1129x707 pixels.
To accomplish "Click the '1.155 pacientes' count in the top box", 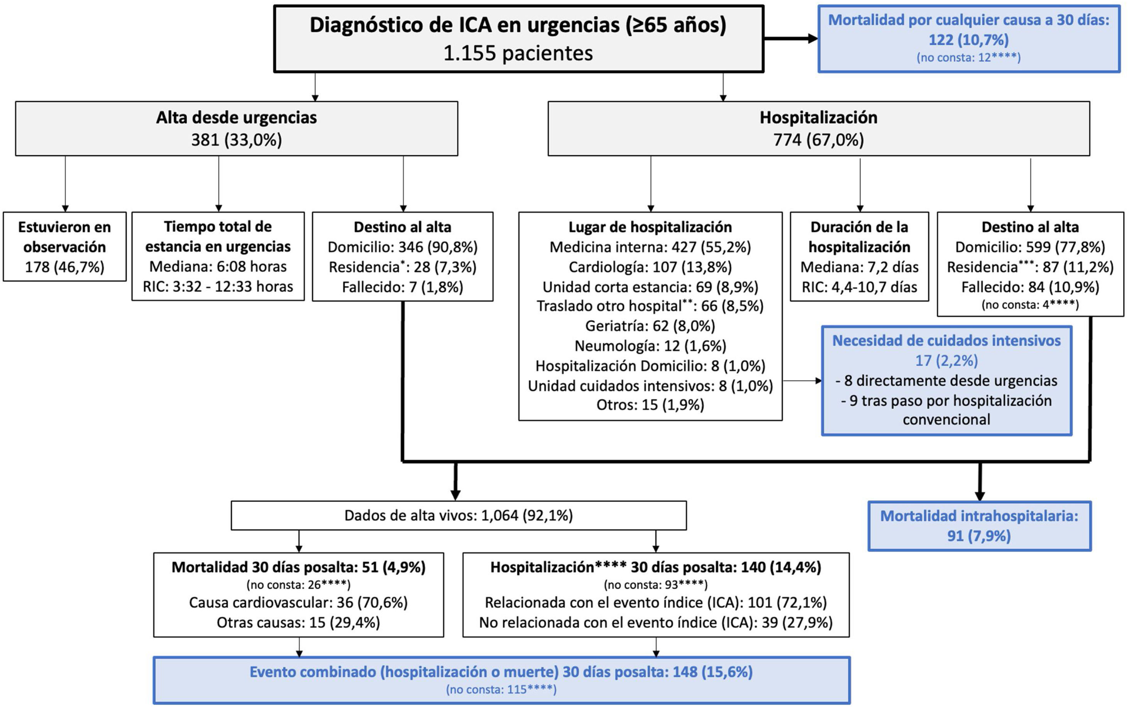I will click(518, 53).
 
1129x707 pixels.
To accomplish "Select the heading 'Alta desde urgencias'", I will click(236, 117).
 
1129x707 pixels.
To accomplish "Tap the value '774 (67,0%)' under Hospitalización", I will click(818, 140).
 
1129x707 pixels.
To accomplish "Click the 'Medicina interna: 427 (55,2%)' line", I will click(650, 247).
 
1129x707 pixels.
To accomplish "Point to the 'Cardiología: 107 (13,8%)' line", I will click(650, 267).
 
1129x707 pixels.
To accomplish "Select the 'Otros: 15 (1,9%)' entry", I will click(650, 404).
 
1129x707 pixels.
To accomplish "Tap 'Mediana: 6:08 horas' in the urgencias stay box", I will click(218, 267).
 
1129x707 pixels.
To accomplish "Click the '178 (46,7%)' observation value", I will click(64, 267).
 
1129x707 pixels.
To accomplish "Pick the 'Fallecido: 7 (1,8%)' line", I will click(402, 287).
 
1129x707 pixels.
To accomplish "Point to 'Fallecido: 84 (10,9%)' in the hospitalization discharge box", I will click(1030, 287).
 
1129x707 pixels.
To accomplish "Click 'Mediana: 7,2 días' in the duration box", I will click(859, 267).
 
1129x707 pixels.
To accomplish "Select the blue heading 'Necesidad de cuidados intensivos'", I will click(946, 340).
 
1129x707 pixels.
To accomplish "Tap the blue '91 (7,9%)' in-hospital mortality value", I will click(979, 535).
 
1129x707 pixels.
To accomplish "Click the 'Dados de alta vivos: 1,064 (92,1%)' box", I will click(458, 515).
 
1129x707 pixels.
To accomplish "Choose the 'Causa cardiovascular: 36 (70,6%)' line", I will click(298, 602).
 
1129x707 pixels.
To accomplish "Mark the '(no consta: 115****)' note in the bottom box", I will click(501, 689).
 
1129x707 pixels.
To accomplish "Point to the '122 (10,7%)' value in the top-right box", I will click(968, 40).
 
